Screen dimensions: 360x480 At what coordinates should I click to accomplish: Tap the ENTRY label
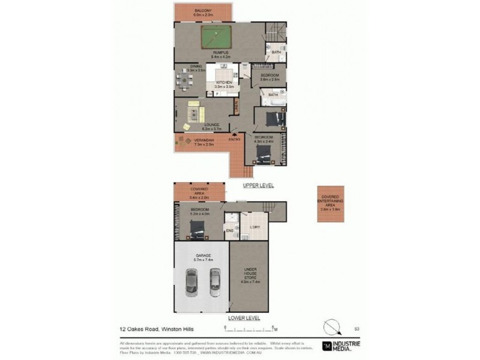point(235,140)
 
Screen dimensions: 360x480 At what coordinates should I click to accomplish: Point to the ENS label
point(229,230)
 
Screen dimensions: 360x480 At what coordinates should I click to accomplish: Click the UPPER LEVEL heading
point(258,186)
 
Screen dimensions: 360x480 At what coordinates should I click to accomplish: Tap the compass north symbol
point(332,328)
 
